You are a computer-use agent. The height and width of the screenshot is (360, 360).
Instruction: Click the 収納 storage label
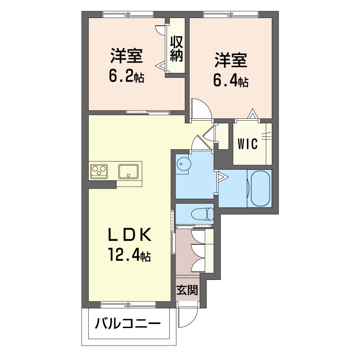click(x=176, y=49)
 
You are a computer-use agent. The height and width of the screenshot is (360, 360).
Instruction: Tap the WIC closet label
click(x=247, y=144)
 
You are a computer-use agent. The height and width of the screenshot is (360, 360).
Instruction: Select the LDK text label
click(x=130, y=234)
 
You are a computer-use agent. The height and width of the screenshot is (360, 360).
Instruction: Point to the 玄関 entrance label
click(x=187, y=290)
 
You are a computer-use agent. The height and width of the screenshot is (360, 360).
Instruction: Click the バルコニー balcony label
click(x=128, y=324)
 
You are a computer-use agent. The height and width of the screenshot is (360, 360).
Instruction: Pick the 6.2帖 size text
click(x=126, y=77)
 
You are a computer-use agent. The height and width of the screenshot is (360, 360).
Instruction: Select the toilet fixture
click(x=202, y=214)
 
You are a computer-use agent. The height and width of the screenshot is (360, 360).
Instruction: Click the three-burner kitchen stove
click(x=99, y=171)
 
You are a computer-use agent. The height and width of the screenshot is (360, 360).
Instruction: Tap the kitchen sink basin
click(x=128, y=171)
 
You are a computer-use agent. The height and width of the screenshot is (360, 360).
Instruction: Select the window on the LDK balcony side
click(x=128, y=305)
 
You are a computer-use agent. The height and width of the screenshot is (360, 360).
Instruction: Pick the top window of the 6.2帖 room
click(x=128, y=14)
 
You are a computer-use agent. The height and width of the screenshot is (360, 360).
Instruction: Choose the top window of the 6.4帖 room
click(x=231, y=14)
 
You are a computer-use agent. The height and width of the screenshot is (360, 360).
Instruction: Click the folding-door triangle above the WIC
click(x=252, y=114)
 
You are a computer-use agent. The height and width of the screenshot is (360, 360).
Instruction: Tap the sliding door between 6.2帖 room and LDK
click(x=148, y=112)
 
